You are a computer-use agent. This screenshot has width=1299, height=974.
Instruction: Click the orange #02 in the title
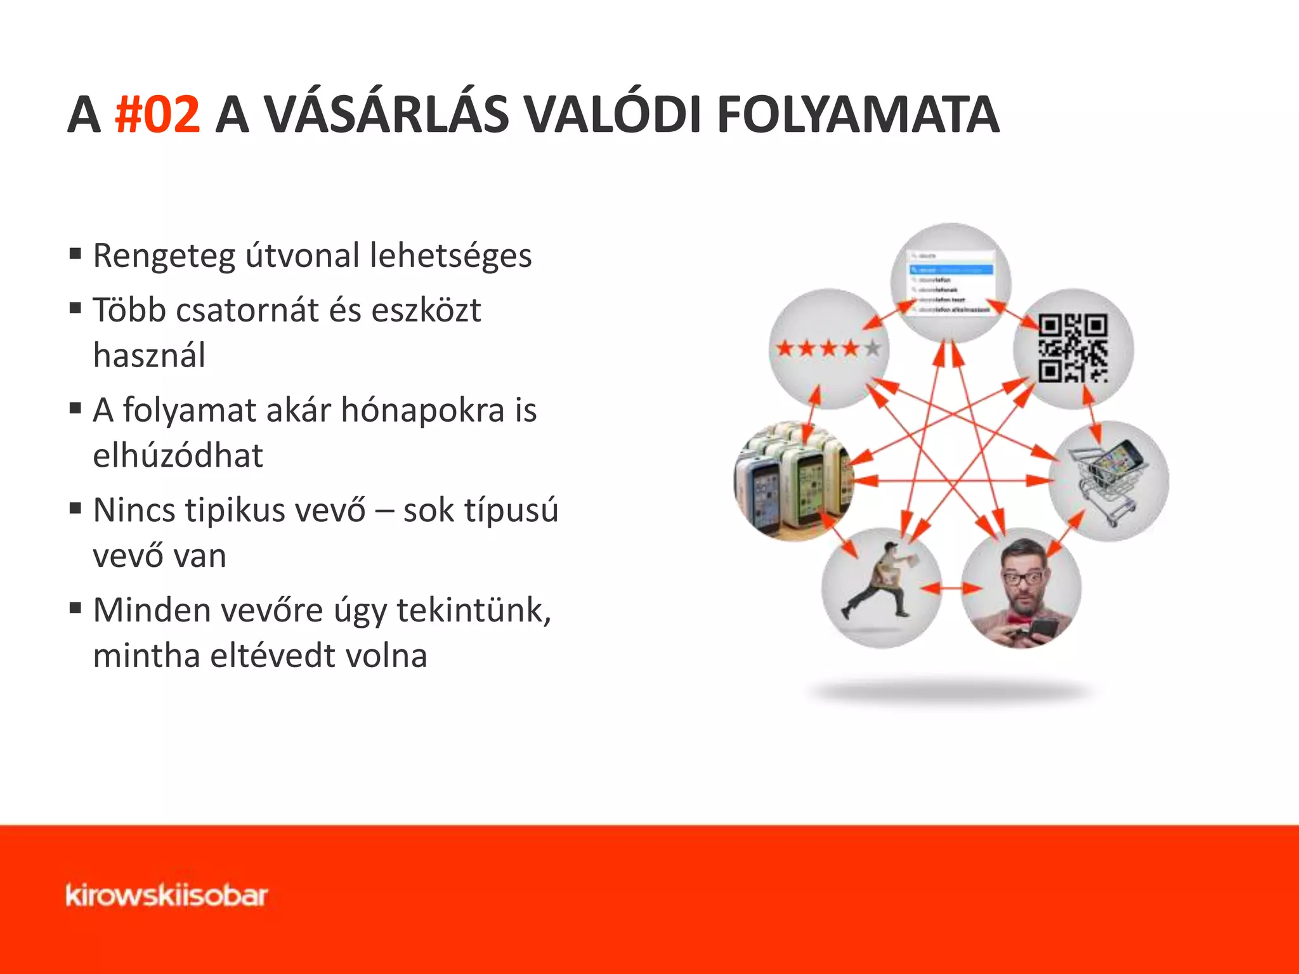157,115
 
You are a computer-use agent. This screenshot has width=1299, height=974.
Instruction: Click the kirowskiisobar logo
166,895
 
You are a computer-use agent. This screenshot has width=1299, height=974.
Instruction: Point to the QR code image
1073,348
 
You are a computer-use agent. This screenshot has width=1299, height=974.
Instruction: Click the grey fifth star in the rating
873,347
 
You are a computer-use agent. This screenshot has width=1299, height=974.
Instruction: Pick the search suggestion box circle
951,283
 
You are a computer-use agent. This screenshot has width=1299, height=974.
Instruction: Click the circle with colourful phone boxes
793,481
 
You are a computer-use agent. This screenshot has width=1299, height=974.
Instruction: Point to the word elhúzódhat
178,456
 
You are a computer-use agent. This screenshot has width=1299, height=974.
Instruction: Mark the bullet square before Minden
75,609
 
